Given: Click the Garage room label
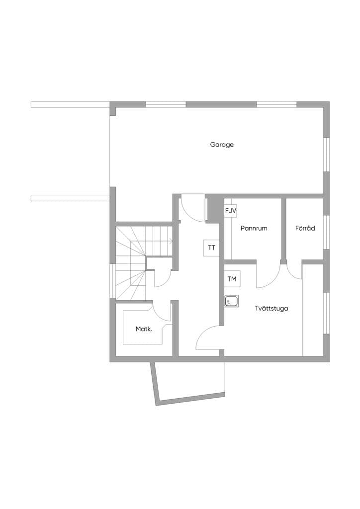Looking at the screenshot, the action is coord(222,145).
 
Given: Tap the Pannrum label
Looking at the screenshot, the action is coord(254,228).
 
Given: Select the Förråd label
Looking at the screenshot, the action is coord(305,228).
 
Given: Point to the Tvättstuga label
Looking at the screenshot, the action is coord(271,308).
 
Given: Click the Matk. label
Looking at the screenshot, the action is coord(144,329).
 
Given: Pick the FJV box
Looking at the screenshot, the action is coord(231,211).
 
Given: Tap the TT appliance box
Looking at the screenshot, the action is coord(212,248).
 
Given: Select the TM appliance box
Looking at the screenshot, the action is coord(232,279).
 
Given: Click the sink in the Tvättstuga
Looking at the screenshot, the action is coord(231,301).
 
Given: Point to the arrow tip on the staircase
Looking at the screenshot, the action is coord(172,241).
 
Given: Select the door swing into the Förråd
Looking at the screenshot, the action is coord(294,273).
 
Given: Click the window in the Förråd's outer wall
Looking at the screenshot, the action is coord(327,232).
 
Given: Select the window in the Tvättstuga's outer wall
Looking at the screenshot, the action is coord(327,313).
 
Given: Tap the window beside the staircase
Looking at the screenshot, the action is coord(112,281).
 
